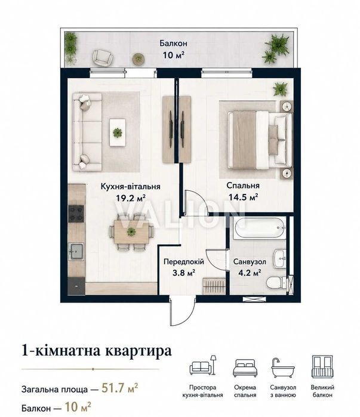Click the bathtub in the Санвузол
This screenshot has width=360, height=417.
[259, 228]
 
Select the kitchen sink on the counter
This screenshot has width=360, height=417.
[76, 251]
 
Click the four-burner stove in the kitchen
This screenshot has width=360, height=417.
[76, 214]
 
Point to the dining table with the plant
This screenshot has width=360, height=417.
[131, 231]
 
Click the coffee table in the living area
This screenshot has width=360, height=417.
[118, 132]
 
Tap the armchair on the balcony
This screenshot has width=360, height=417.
[102, 57]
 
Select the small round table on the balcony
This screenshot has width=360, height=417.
[139, 58]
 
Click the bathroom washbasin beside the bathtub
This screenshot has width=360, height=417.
[280, 258]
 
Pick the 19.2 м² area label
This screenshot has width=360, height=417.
[130, 198]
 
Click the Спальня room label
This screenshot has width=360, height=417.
[242, 186]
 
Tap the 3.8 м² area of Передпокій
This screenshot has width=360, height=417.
[184, 273]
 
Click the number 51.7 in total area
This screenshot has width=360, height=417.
[113, 388]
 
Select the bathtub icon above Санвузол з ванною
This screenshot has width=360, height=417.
[283, 368]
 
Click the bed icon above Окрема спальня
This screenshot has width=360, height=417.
[245, 368]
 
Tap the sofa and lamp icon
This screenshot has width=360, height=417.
[203, 365]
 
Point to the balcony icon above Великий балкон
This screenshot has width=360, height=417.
[322, 366]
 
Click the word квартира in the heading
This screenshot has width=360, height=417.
[139, 351]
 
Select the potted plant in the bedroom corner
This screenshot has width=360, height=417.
[280, 89]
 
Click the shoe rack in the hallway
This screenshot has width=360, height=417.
[214, 286]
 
